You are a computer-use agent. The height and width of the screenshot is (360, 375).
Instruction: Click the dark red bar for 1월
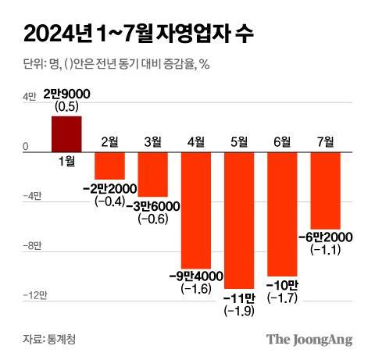(x=66, y=134)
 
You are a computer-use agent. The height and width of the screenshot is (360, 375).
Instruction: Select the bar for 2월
(x=110, y=166)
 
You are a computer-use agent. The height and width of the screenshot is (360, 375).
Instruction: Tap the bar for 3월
(x=153, y=173)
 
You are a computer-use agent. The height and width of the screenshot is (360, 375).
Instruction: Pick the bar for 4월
(x=196, y=209)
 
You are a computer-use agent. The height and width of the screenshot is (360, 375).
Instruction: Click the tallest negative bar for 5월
(x=239, y=220)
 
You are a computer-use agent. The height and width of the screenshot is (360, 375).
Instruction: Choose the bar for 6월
(x=282, y=214)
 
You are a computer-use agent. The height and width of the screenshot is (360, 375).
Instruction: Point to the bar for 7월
(x=325, y=190)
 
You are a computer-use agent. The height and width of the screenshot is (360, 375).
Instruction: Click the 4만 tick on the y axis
(x=30, y=97)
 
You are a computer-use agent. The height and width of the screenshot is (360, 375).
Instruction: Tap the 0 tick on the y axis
(x=26, y=146)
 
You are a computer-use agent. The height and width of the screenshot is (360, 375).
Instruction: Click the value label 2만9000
(x=66, y=94)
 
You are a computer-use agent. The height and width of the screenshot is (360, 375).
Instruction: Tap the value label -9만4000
(x=196, y=276)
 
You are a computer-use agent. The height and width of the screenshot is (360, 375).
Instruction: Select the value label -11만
(x=239, y=299)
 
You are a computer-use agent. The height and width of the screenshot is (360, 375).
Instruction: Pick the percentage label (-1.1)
(x=325, y=249)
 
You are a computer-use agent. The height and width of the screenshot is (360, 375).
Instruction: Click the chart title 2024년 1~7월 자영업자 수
(x=137, y=34)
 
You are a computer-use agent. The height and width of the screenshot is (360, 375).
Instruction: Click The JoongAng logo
(x=309, y=339)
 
